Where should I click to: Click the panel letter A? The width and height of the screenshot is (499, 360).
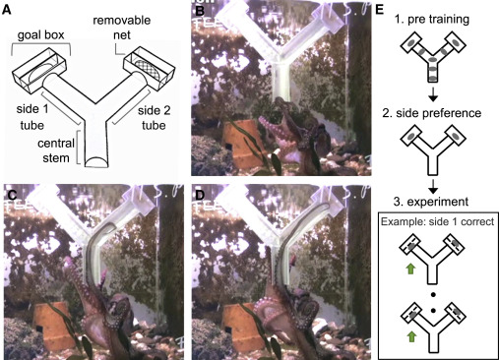[x=6, y=10]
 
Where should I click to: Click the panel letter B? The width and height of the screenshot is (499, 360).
[x=200, y=12]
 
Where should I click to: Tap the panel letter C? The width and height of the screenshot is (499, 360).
[x=12, y=195]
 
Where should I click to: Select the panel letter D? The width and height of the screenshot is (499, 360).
[x=200, y=195]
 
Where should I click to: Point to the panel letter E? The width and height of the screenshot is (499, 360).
[x=379, y=10]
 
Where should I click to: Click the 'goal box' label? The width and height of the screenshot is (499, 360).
[x=40, y=35]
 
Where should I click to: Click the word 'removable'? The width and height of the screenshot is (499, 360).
[x=122, y=21]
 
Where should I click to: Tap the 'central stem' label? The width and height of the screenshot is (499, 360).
[x=56, y=150]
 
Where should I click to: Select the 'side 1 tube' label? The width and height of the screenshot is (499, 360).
[x=32, y=117]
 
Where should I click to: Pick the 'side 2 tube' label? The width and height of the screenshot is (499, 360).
[x=155, y=118]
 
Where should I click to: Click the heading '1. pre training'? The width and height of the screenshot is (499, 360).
[x=432, y=20]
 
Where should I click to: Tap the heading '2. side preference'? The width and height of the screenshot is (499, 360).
[x=432, y=113]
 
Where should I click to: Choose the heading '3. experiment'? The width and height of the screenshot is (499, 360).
[x=431, y=202]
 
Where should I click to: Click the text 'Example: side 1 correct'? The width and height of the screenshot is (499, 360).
[x=437, y=222]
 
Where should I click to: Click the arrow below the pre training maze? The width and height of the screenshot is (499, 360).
[x=433, y=94]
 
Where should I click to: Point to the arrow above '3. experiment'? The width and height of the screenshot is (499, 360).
[x=433, y=187]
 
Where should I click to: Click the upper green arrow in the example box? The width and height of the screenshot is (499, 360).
[x=410, y=269]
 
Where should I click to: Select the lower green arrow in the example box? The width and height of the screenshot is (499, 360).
[x=410, y=336]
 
